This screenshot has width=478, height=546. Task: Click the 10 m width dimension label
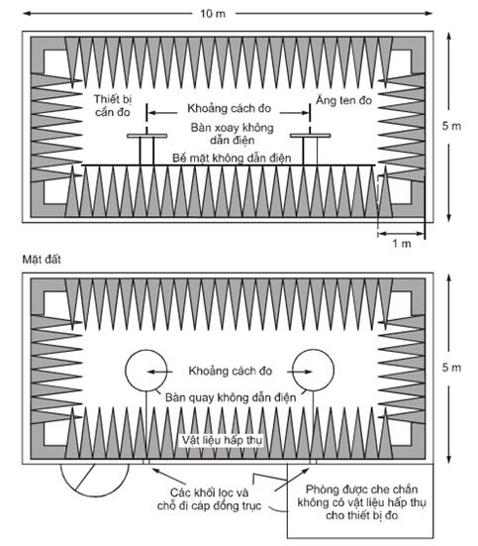point(213,14)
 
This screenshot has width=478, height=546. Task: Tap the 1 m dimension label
point(402,244)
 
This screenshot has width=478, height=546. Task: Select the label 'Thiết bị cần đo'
point(113,106)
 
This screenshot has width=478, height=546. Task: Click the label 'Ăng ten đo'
point(343,100)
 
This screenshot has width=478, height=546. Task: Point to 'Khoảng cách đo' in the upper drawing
point(229,108)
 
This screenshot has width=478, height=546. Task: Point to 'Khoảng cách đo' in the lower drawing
point(230,371)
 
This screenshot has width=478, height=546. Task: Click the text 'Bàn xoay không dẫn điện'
point(232,134)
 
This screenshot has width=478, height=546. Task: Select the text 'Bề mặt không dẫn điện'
point(232,159)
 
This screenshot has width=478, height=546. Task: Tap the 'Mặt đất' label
point(42,260)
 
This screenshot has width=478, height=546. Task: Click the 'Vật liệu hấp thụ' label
point(222,440)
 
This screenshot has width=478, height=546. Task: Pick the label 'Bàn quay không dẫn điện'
point(231,397)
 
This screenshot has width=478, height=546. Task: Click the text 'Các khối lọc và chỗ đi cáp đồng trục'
point(209,499)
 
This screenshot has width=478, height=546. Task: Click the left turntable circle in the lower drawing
point(126,371)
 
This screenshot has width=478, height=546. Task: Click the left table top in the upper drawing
point(146,136)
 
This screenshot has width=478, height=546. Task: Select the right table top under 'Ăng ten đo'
point(311,136)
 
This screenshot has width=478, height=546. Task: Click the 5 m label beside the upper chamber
point(451,126)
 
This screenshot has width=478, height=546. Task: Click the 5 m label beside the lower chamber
point(451,368)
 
